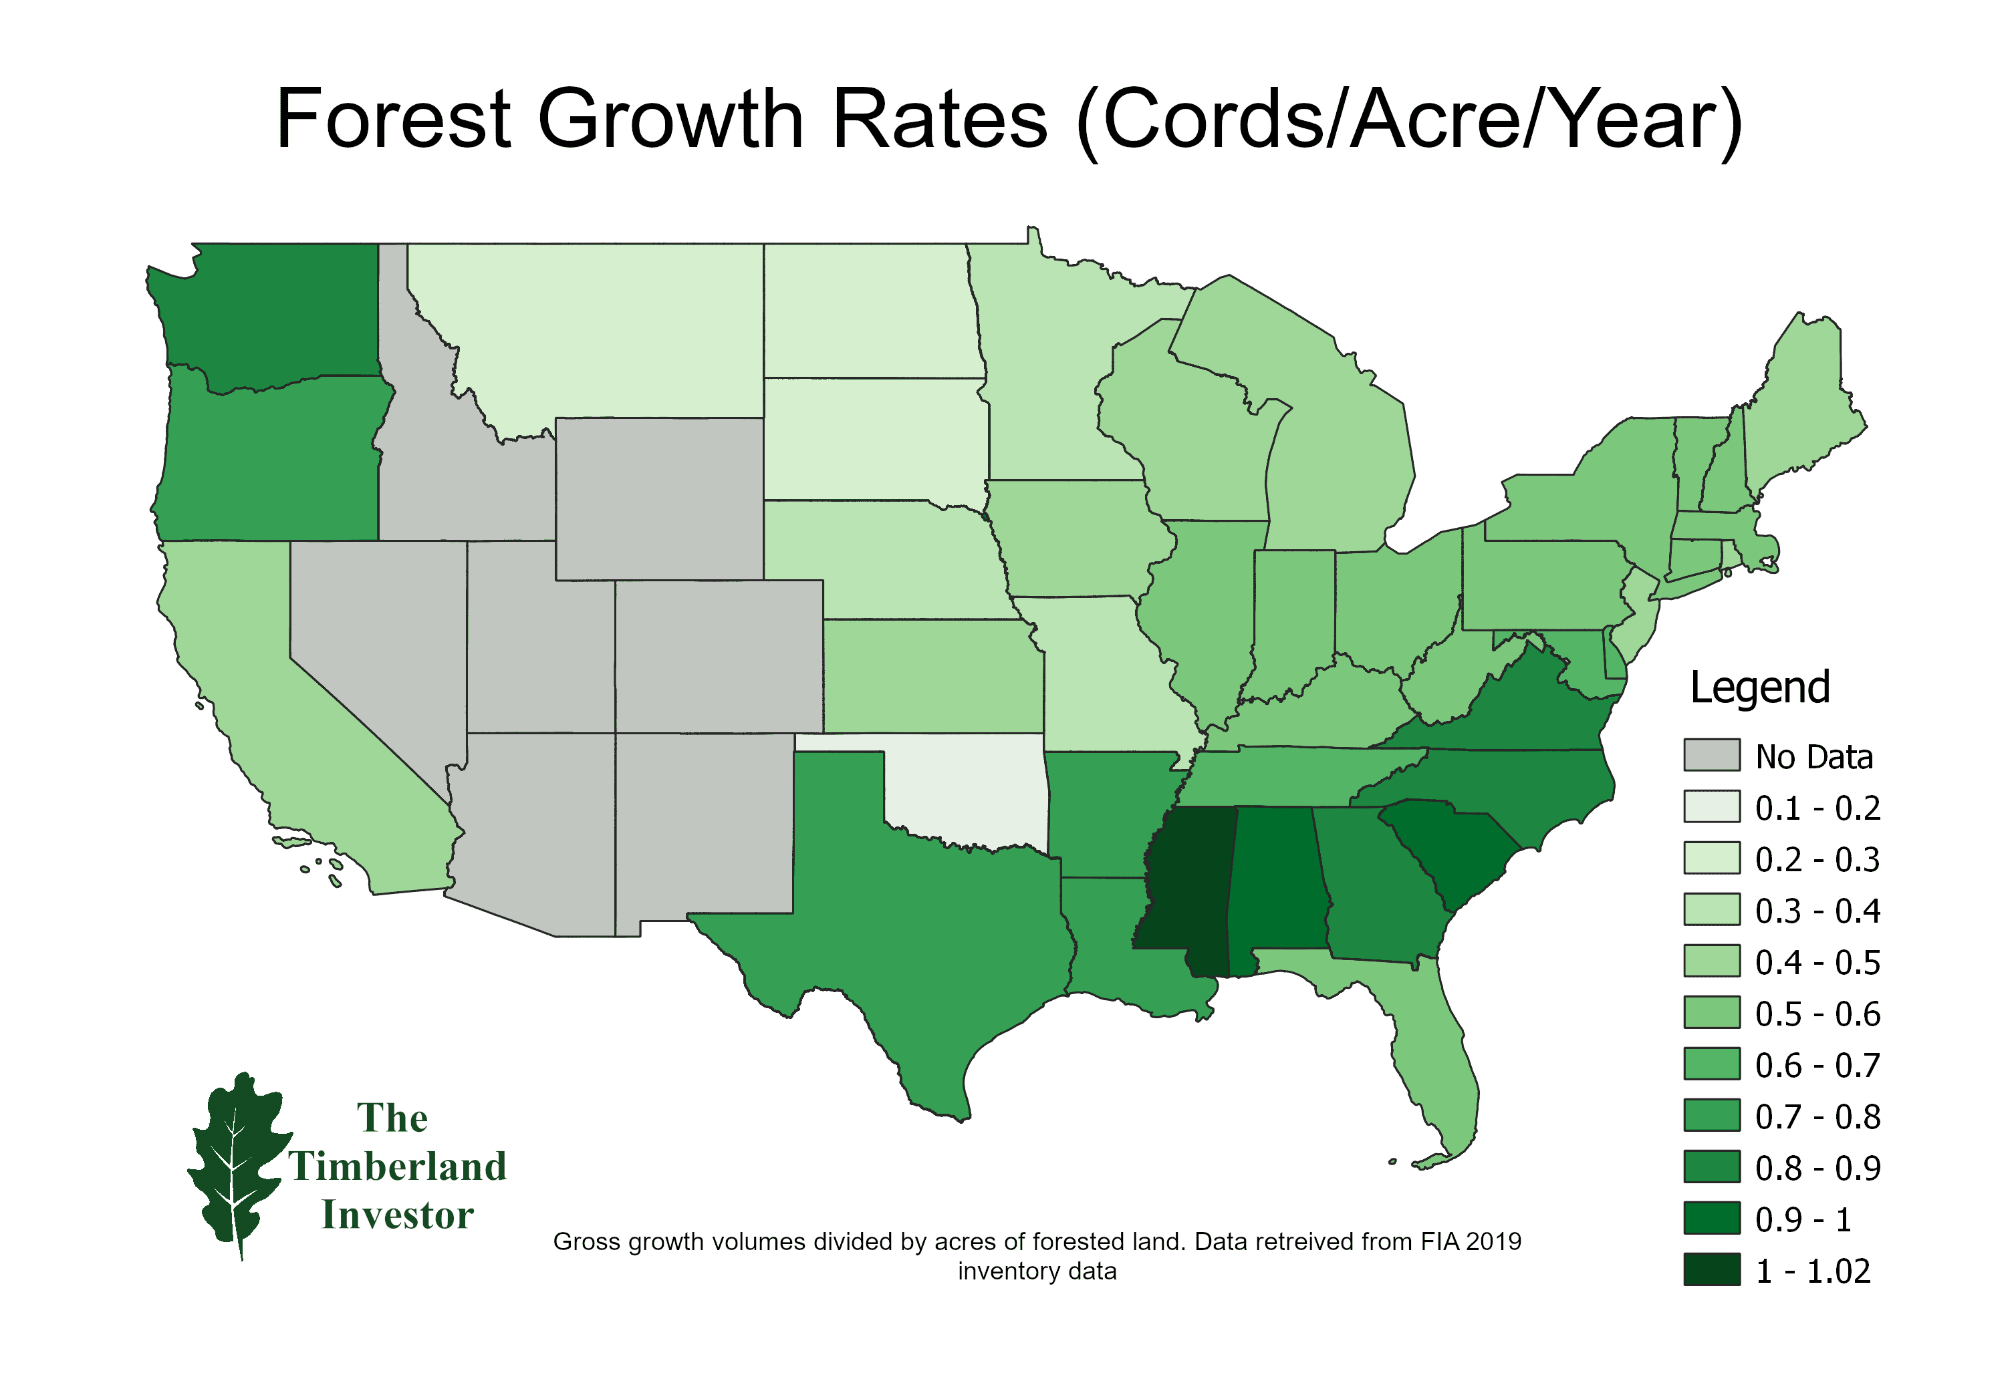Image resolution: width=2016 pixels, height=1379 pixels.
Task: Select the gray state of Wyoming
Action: [x=659, y=498]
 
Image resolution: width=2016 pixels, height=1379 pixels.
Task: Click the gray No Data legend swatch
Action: [x=1711, y=754]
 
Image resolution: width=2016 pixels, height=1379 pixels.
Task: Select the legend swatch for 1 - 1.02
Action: [x=1711, y=1269]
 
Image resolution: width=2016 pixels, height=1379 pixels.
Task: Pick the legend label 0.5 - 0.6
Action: [x=1817, y=1013]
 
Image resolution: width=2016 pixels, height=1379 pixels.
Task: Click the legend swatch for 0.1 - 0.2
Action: [x=1711, y=806]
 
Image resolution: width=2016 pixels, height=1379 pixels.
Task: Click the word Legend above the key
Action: [x=1759, y=687]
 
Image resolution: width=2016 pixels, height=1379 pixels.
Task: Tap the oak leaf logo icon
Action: [x=236, y=1162]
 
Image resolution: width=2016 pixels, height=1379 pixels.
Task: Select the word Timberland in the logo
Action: [x=397, y=1166]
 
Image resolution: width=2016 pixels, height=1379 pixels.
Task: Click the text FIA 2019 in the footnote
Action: [x=1471, y=1241]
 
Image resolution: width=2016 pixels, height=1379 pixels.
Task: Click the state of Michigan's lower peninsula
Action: [x=1340, y=468]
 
